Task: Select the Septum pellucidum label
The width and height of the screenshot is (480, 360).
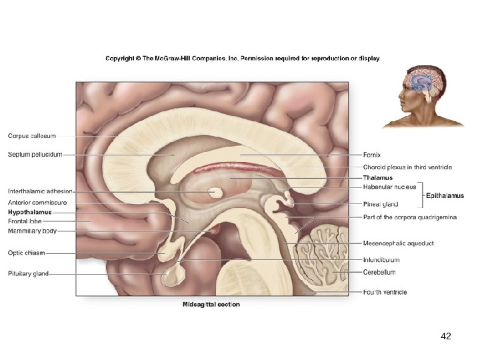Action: [35, 155]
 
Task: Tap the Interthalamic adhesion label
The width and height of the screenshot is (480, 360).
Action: [40, 191]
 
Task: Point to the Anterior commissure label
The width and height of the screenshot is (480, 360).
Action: [37, 202]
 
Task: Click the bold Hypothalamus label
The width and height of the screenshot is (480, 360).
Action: [30, 212]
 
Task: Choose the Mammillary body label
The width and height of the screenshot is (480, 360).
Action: [32, 231]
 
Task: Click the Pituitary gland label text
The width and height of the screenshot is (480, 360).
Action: [29, 273]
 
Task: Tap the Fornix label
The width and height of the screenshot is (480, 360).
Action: [372, 155]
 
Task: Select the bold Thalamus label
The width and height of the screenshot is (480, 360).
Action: [377, 178]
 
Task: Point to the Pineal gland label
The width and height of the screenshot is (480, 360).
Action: [381, 204]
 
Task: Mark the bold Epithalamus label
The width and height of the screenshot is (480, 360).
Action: [445, 196]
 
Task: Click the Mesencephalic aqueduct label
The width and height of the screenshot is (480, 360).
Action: [398, 243]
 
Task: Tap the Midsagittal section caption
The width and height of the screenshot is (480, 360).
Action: [211, 305]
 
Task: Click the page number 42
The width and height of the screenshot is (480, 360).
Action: [446, 337]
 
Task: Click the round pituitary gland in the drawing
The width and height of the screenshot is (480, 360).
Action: [177, 273]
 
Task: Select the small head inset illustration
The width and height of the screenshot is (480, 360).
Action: [423, 96]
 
